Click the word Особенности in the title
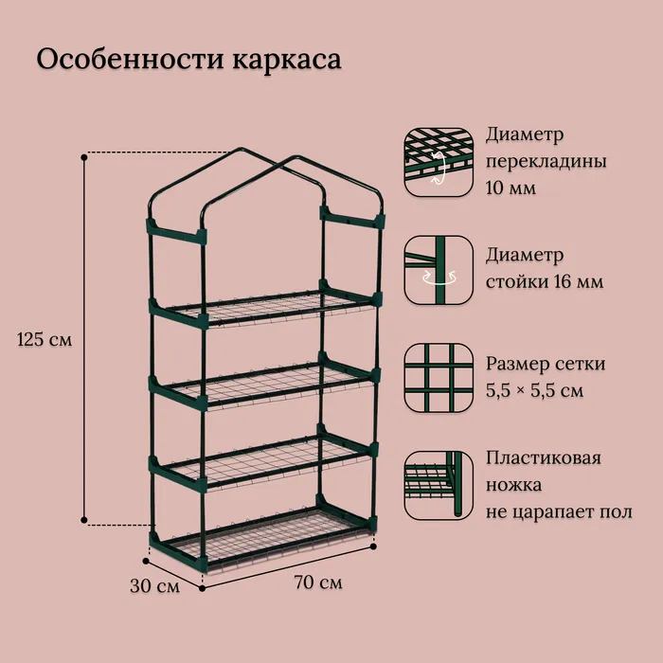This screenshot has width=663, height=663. click(130, 59)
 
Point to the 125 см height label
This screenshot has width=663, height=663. click(45, 339)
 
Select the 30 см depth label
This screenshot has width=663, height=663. click(154, 586)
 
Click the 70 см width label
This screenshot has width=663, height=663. click(318, 582)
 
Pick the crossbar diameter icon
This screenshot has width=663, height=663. click(439, 162)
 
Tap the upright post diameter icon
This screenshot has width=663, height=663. click(439, 270)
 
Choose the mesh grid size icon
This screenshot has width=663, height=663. click(439, 378)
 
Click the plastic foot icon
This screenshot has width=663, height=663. click(439, 485)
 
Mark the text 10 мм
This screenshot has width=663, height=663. click(511, 188)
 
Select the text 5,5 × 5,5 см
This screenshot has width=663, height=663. click(534, 390)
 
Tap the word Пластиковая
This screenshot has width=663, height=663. click(544, 457)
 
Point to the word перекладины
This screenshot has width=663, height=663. click(546, 162)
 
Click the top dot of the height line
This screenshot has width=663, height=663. click(84, 157)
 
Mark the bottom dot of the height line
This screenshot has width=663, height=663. click(84, 520)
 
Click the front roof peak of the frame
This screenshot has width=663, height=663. click(296, 157)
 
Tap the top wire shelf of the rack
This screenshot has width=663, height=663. click(266, 308)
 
